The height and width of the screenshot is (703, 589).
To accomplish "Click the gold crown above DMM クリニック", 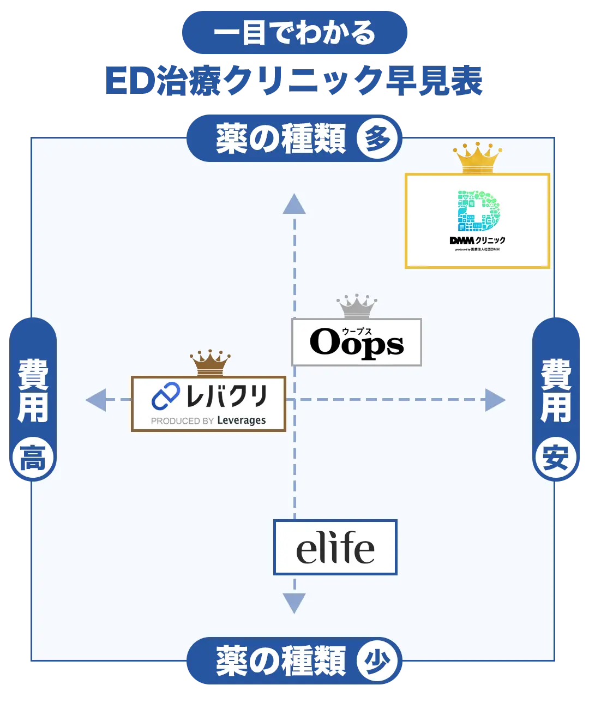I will (477, 158).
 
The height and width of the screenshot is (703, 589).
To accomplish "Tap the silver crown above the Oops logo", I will (357, 307).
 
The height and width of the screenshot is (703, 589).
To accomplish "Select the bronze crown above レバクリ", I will (210, 363).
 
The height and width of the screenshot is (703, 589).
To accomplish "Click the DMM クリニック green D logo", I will (478, 211).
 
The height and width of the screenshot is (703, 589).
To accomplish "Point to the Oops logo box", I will (357, 343).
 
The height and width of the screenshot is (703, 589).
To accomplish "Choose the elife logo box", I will (335, 547).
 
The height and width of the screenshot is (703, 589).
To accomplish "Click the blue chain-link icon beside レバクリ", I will (166, 396).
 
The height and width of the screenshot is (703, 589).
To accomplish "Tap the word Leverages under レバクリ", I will (241, 420).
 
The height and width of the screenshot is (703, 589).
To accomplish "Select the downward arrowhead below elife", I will (294, 603).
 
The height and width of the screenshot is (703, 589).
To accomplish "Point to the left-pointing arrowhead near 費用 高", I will (95, 400).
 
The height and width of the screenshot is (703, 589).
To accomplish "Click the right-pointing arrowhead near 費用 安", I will (495, 400).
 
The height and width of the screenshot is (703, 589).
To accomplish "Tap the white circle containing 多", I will (377, 139).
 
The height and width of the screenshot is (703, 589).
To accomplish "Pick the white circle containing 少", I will (377, 661).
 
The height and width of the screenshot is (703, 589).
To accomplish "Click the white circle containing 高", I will (33, 458).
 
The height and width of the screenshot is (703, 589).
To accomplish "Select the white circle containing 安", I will (555, 458).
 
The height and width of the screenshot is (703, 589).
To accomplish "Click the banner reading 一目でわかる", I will (294, 33).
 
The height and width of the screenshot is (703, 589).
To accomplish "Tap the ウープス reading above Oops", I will (357, 331).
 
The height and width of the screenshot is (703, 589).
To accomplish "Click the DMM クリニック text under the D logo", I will (478, 240).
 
